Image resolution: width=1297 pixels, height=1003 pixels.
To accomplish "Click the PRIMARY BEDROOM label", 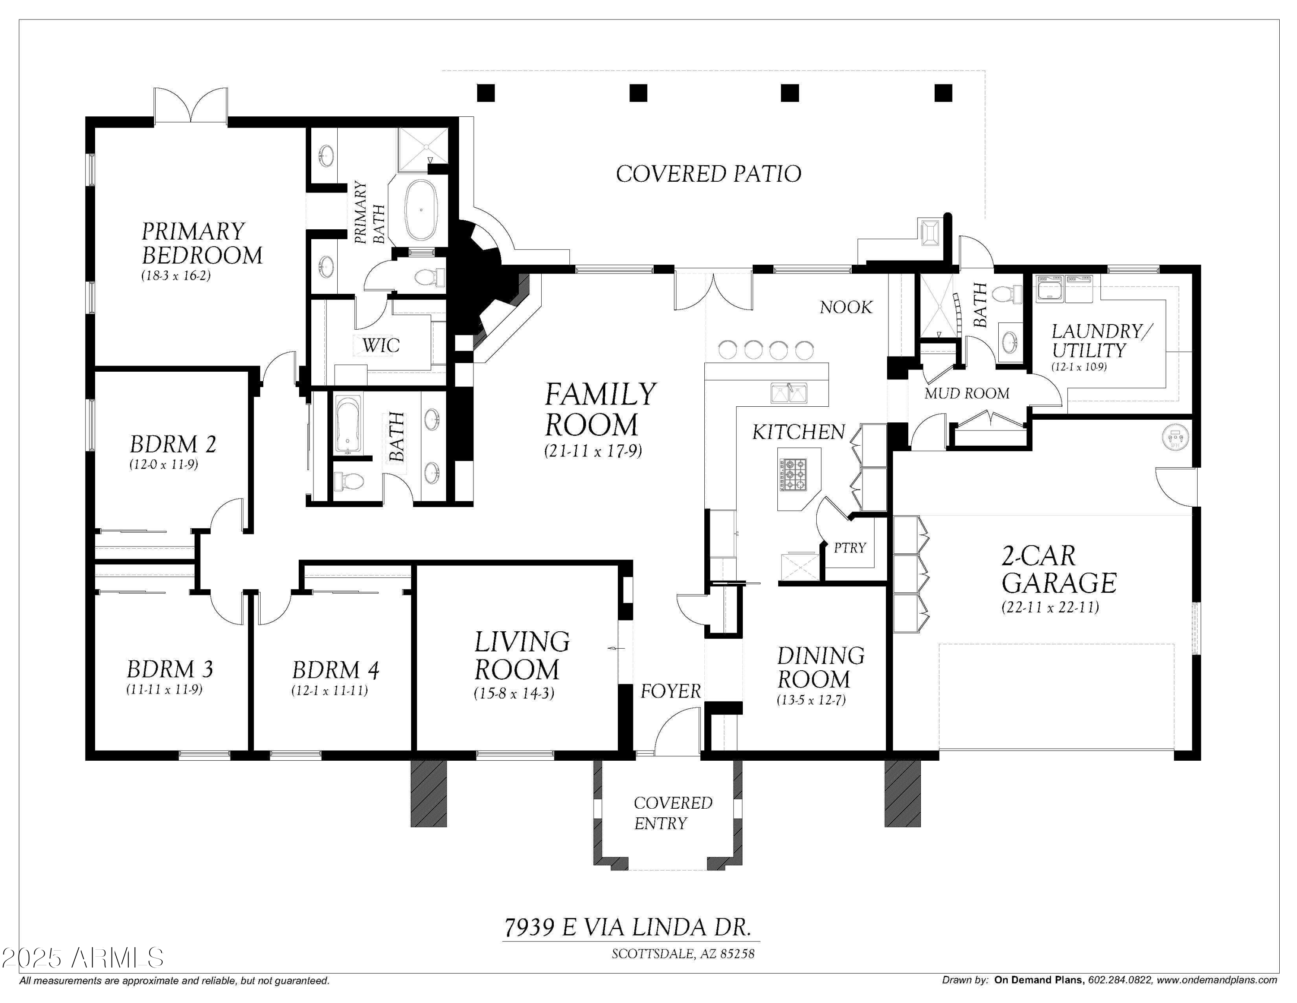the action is point(202,243).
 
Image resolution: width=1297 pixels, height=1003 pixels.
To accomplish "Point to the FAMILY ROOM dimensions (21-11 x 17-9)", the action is point(593,451).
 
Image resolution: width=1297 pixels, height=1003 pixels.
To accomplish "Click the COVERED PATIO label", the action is point(709,174).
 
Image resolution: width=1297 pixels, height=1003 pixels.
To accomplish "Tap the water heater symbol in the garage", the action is point(1175,438).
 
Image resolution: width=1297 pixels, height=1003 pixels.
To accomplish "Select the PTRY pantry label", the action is point(850,548).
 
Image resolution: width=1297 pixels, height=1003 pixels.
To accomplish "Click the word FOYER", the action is point(671,691).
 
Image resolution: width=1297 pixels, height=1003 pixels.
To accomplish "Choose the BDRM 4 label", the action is point(335,670).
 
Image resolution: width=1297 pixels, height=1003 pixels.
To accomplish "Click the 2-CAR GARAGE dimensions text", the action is point(1050,607).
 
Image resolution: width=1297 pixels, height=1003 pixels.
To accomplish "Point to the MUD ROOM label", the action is point(967,393).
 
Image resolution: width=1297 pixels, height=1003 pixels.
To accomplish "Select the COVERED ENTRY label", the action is point(673,813).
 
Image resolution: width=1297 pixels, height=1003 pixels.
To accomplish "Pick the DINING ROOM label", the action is point(821,667).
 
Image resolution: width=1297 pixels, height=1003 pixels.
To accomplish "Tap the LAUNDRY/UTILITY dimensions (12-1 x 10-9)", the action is point(1079,366).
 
